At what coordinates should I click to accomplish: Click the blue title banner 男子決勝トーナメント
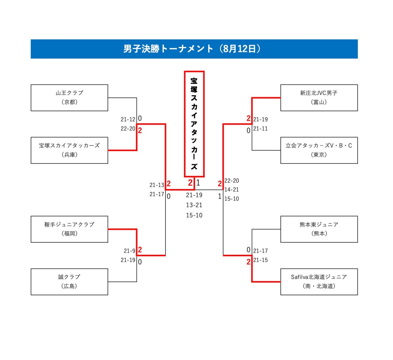click(194, 49)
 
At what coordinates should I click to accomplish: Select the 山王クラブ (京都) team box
click(69, 98)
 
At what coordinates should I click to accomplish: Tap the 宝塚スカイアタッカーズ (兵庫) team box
click(69, 150)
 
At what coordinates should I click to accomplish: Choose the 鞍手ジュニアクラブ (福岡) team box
click(69, 229)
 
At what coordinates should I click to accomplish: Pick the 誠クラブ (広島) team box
click(69, 282)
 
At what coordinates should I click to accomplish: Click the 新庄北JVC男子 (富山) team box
click(319, 98)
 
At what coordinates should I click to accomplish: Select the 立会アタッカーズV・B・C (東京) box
click(319, 150)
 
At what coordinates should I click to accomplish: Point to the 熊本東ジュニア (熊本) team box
click(319, 229)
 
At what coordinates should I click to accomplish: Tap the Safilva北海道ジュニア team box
click(319, 282)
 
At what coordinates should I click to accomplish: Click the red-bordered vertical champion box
click(194, 124)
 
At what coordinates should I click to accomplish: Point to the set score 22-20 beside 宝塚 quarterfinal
click(128, 129)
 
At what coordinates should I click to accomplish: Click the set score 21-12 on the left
click(128, 120)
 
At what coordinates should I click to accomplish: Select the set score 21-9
click(129, 251)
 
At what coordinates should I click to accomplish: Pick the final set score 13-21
click(194, 205)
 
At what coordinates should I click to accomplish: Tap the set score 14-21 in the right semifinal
click(232, 190)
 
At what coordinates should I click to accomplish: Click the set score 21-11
click(260, 129)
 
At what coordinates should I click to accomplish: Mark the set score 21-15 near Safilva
click(260, 260)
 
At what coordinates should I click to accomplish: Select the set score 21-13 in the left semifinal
click(157, 185)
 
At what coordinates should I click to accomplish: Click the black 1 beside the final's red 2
click(198, 183)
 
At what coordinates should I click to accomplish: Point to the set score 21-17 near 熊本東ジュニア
click(260, 251)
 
